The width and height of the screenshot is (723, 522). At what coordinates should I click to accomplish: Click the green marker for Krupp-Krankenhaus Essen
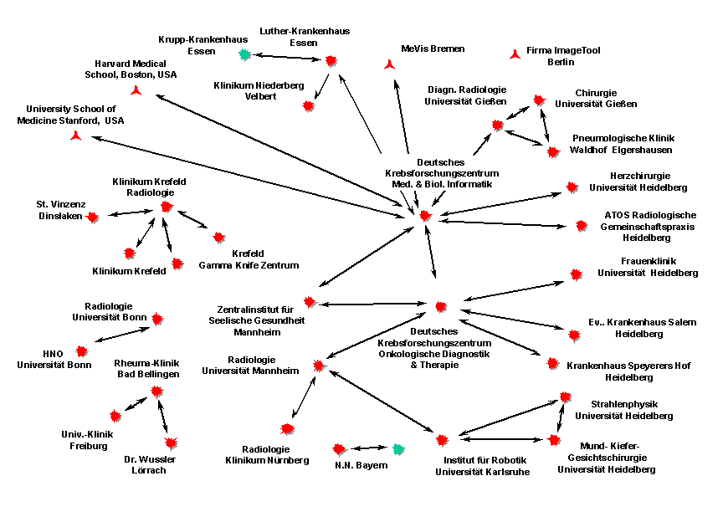pyautogui.click(x=244, y=54)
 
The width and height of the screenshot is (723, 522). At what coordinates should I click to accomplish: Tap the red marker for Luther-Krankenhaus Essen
pyautogui.click(x=331, y=60)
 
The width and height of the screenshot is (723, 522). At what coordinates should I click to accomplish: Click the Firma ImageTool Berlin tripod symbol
pyautogui.click(x=515, y=54)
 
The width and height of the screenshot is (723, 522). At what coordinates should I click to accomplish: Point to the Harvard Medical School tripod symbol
pyautogui.click(x=137, y=90)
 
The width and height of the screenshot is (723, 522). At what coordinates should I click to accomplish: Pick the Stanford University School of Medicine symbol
pyautogui.click(x=76, y=136)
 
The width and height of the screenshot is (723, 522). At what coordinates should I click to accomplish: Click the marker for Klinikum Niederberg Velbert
pyautogui.click(x=308, y=106)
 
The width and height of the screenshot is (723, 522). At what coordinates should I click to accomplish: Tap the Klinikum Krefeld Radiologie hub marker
pyautogui.click(x=166, y=207)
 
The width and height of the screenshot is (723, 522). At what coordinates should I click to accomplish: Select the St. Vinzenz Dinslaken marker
pyautogui.click(x=92, y=217)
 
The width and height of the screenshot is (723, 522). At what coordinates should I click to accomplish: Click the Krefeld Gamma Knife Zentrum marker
pyautogui.click(x=218, y=238)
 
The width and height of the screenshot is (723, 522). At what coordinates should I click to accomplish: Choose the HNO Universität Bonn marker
pyautogui.click(x=82, y=351)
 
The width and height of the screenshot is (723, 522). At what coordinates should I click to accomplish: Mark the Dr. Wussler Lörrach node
pyautogui.click(x=171, y=443)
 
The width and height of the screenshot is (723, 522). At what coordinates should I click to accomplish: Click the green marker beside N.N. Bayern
pyautogui.click(x=399, y=450)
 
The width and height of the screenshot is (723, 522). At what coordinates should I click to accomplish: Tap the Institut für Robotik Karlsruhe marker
pyautogui.click(x=442, y=438)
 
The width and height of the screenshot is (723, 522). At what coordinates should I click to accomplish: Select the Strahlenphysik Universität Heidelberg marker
pyautogui.click(x=565, y=397)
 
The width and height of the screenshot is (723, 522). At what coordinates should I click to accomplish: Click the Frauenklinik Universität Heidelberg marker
pyautogui.click(x=576, y=274)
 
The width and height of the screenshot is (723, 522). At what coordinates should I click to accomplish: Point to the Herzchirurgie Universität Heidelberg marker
pyautogui.click(x=572, y=187)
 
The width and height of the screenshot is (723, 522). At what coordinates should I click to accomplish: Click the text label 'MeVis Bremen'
pyautogui.click(x=433, y=49)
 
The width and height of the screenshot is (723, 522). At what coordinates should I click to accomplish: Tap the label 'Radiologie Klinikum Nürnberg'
pyautogui.click(x=267, y=455)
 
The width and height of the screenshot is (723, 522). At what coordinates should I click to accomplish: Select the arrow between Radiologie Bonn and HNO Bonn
pyautogui.click(x=124, y=334)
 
